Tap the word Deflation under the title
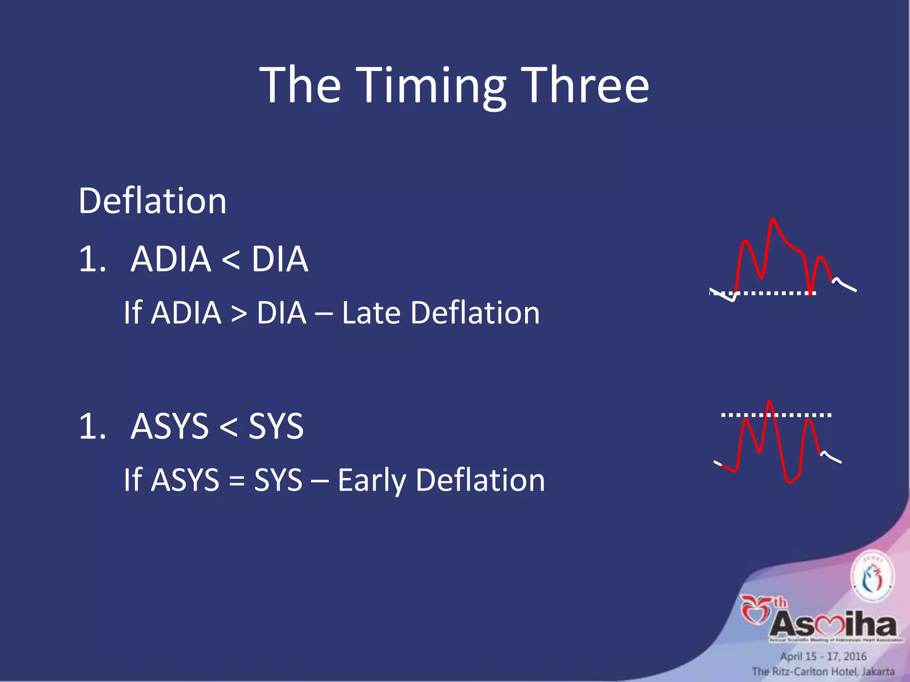[152, 201]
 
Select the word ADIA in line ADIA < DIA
[171, 259]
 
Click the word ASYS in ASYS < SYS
[169, 426]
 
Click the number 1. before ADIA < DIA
[92, 259]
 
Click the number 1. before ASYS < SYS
[92, 426]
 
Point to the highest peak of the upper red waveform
[773, 219]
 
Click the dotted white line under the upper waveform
[773, 293]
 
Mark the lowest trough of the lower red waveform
[789, 482]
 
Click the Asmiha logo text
[833, 625]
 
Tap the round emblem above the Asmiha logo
[872, 576]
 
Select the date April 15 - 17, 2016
[823, 656]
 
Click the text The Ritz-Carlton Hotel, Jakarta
[823, 671]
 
